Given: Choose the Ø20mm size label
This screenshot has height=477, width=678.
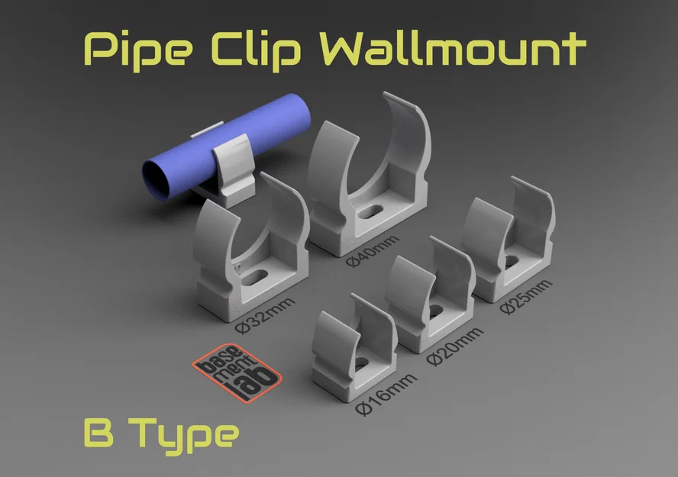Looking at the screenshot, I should tap(456, 346).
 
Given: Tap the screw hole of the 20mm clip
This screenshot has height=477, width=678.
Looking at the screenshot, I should tap(432, 311).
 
